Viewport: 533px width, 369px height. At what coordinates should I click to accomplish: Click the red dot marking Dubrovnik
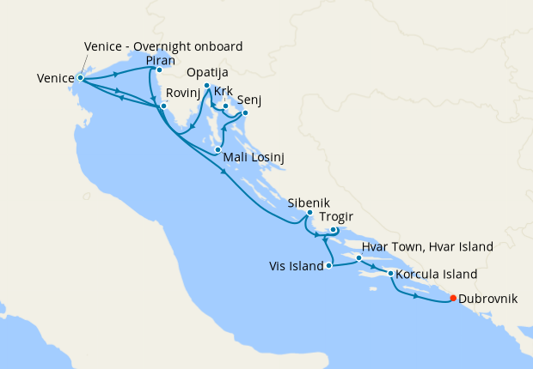(x=453, y=299)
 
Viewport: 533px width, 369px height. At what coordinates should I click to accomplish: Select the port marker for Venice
(x=80, y=78)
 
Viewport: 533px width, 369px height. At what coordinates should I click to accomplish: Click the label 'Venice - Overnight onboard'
(x=163, y=46)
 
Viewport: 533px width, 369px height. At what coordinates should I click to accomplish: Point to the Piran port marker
(x=159, y=70)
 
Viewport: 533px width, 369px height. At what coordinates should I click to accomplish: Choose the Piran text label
(x=162, y=60)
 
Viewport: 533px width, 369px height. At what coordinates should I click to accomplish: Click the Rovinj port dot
(x=162, y=106)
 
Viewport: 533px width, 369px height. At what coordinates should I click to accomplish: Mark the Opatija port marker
(x=207, y=86)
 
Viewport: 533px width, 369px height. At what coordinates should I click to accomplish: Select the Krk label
(x=224, y=91)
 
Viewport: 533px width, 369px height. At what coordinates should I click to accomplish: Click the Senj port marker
(x=245, y=112)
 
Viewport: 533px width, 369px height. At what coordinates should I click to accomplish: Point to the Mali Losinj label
(x=254, y=158)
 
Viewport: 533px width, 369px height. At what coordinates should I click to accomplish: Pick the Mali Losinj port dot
(x=217, y=150)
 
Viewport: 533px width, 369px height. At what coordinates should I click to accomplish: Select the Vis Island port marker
(x=329, y=266)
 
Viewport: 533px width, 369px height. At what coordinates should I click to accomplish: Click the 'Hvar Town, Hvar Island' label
(x=427, y=247)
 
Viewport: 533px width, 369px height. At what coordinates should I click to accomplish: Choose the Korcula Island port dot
(x=391, y=274)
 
